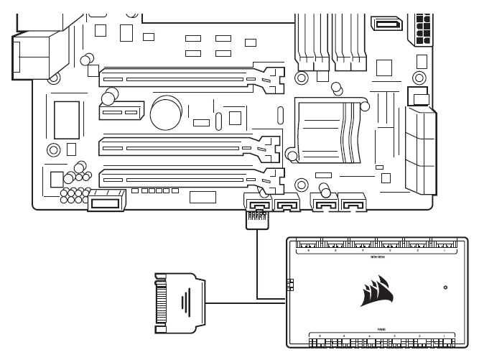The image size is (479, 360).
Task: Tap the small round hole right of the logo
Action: [446, 287]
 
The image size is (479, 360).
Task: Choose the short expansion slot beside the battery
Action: [118, 113]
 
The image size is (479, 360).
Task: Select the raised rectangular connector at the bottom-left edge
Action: [107, 203]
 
